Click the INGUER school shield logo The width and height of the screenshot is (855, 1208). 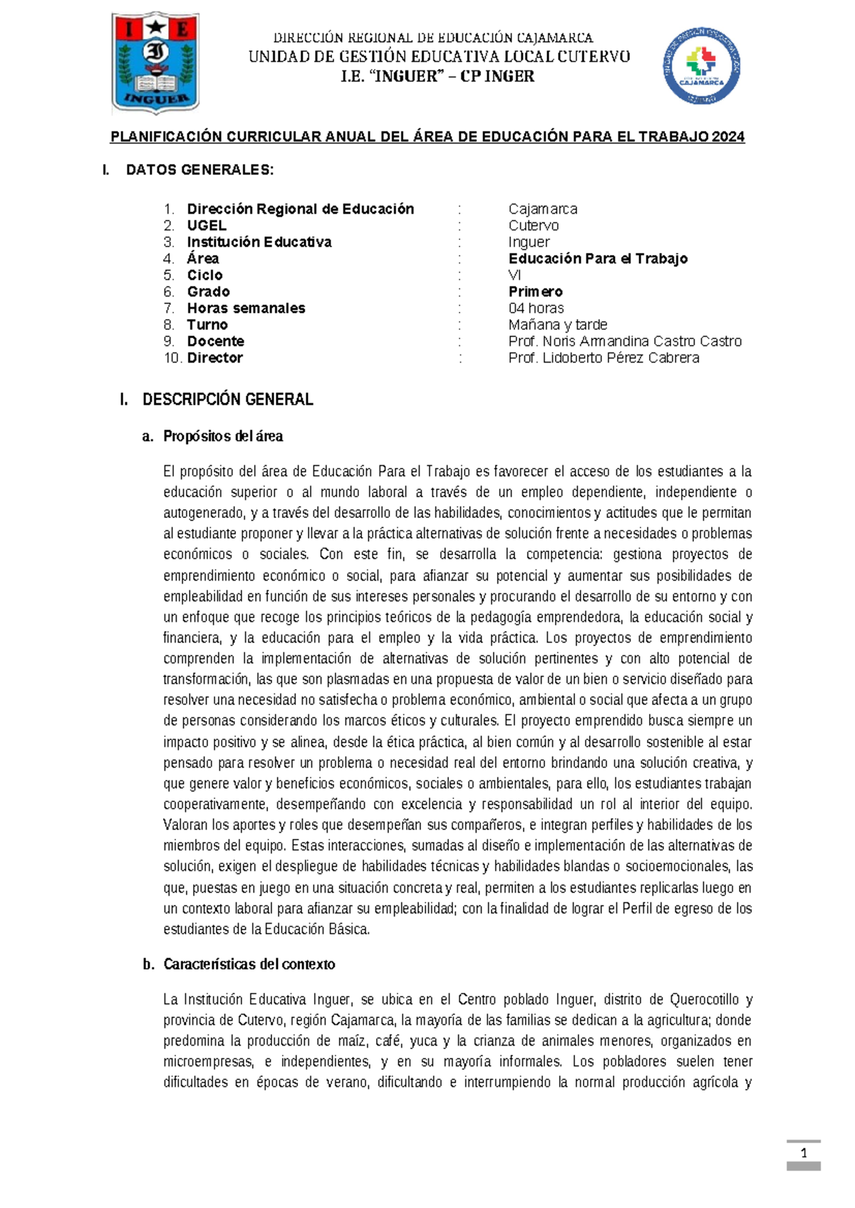[x=156, y=63]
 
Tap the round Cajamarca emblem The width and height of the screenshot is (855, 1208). [x=701, y=66]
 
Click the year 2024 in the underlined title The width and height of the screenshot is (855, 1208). [x=727, y=137]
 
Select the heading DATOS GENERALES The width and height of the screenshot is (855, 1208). [x=199, y=170]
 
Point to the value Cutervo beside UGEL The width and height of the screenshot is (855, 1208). [x=534, y=226]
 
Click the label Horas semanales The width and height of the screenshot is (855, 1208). [x=246, y=308]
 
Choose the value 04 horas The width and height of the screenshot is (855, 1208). [x=536, y=308]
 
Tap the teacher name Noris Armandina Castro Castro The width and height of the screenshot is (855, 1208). [x=641, y=341]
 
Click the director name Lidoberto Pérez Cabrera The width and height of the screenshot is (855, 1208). [x=621, y=358]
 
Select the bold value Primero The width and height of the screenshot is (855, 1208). [x=536, y=292]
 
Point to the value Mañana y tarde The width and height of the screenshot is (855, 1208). [x=558, y=325]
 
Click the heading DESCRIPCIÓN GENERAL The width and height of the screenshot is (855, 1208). [x=227, y=400]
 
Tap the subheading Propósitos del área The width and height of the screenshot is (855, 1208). [x=223, y=436]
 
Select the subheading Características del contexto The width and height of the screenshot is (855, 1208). [x=249, y=964]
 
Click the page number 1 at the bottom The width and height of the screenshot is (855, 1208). [x=804, y=1154]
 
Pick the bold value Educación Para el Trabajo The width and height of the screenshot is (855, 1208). [x=598, y=259]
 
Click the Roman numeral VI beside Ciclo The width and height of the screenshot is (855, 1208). [x=515, y=275]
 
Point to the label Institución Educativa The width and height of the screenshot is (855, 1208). [x=259, y=242]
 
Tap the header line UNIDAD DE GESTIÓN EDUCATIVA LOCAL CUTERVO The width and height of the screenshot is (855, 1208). [x=439, y=57]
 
